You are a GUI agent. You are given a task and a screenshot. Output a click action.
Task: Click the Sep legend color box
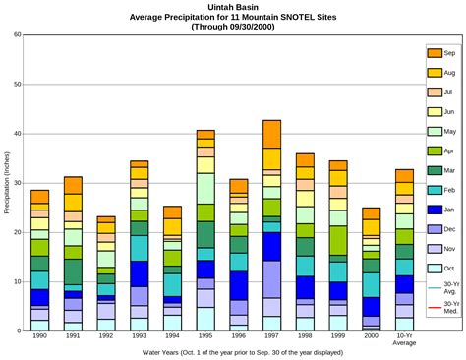click(434, 52)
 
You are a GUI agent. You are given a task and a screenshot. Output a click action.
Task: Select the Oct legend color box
click(434, 269)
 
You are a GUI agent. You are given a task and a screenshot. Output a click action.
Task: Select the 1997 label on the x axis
click(272, 337)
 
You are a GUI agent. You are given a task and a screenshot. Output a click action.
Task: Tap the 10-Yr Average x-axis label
click(404, 341)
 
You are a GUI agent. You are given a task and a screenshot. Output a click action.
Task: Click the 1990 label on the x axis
click(39, 337)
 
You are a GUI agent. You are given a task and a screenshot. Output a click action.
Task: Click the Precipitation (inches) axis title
click(7, 183)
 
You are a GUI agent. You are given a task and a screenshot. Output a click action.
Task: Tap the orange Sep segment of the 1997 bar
click(272, 135)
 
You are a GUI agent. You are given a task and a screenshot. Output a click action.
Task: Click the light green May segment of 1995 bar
click(205, 188)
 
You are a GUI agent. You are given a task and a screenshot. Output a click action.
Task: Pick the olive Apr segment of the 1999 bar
click(338, 240)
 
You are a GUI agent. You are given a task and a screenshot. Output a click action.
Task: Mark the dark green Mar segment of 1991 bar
click(73, 271)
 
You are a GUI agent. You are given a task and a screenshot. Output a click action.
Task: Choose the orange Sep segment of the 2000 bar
click(372, 213)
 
